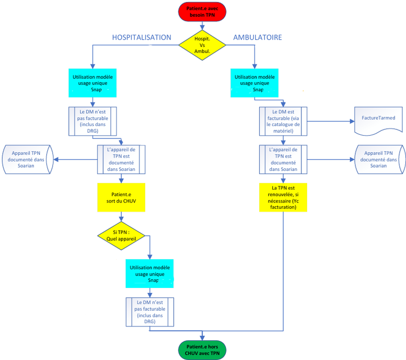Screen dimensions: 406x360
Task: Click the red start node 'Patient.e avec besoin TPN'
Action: tap(202, 11)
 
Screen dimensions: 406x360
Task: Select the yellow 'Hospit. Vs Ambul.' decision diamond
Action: tap(202, 45)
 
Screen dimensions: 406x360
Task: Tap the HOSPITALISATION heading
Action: tap(142, 38)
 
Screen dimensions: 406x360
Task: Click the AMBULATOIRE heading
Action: tap(257, 38)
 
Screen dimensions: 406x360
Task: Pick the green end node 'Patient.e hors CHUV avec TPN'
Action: tap(202, 350)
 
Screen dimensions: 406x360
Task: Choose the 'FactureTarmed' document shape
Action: tap(378, 121)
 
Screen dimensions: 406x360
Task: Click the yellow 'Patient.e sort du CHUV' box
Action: tap(121, 198)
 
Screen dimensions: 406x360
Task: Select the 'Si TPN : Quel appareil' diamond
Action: tap(121, 235)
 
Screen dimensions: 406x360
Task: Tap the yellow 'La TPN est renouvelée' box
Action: tap(283, 198)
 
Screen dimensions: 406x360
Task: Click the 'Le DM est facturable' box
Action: tap(283, 121)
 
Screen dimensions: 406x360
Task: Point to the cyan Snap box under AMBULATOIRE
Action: tap(255, 83)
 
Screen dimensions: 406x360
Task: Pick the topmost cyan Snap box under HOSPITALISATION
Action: tap(93, 83)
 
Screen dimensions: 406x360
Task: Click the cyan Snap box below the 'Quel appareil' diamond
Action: tap(150, 274)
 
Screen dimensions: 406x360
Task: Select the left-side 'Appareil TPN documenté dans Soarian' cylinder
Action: tap(28, 159)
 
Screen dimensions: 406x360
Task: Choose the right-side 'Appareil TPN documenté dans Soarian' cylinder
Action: tap(380, 159)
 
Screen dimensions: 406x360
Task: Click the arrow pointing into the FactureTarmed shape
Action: tap(331, 121)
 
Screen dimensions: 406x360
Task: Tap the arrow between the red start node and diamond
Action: tap(202, 26)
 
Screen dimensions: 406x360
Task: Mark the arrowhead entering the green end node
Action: tap(202, 338)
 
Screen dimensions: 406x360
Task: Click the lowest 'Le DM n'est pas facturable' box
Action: tap(150, 312)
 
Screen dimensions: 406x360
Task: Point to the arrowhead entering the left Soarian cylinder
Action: tap(56, 159)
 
